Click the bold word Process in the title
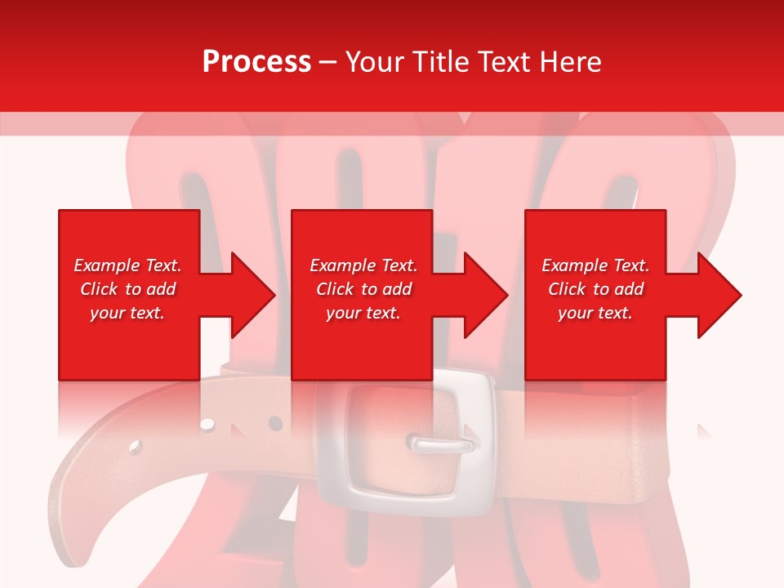256,62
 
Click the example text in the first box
127,289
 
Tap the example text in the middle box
363,289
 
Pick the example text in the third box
595,289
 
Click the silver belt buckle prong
442,444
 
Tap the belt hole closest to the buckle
275,423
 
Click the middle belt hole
207,425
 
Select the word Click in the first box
100,289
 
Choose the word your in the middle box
341,313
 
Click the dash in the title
327,62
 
